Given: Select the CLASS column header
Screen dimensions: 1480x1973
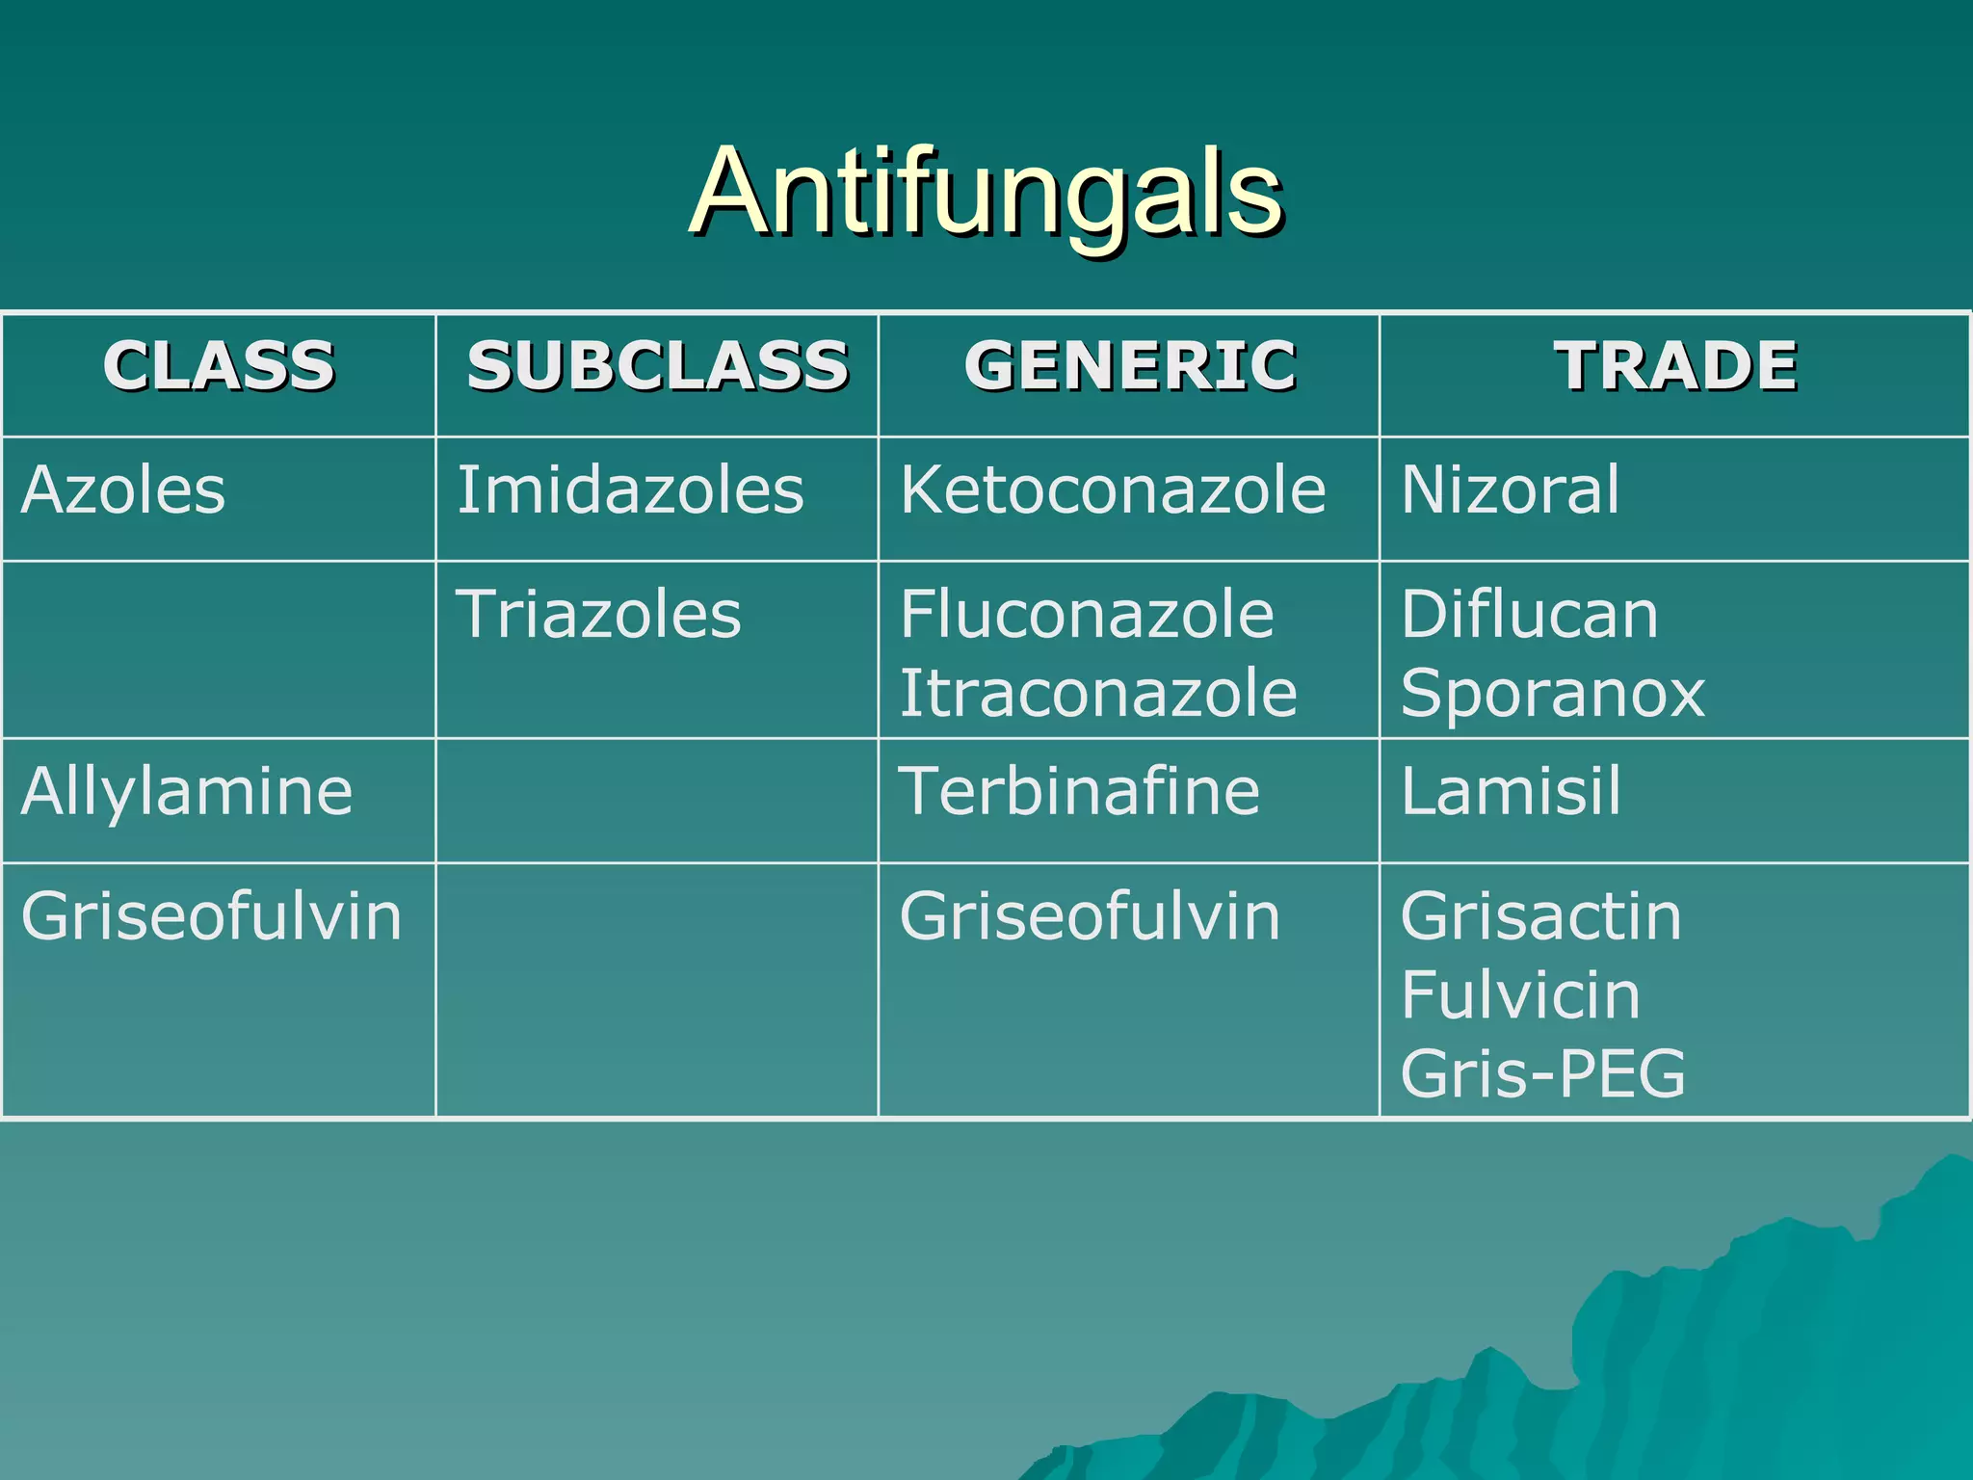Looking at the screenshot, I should pyautogui.click(x=219, y=366).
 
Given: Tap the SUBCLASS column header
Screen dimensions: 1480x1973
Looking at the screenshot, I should pyautogui.click(x=657, y=366).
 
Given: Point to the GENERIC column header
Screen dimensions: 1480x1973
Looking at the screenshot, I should pyautogui.click(x=1129, y=366).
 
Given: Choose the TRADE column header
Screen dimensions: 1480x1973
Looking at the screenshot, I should pyautogui.click(x=1675, y=366).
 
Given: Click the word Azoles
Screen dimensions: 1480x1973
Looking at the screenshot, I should pyautogui.click(x=123, y=490).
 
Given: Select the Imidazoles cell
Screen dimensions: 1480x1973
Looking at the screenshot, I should pyautogui.click(x=630, y=490).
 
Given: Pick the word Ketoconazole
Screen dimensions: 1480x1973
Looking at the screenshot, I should pyautogui.click(x=1113, y=490).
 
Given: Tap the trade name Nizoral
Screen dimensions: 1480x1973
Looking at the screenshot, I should pyautogui.click(x=1510, y=490).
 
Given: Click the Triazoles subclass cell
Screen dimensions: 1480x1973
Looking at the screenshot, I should pyautogui.click(x=598, y=615).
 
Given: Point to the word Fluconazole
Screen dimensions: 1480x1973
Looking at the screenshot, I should pyautogui.click(x=1087, y=615).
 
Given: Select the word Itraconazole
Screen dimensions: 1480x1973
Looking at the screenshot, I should pyautogui.click(x=1098, y=694).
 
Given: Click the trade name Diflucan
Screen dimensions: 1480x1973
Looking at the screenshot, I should pyautogui.click(x=1529, y=615).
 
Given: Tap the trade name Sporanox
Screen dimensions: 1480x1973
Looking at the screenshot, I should pyautogui.click(x=1552, y=694).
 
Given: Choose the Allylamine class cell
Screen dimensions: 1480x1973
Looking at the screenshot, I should pyautogui.click(x=187, y=792).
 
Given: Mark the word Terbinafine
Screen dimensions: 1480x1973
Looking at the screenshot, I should pyautogui.click(x=1079, y=792).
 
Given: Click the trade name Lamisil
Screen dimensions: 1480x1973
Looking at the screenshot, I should pyautogui.click(x=1511, y=792).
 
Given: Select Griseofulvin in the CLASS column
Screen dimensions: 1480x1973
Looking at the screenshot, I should pyautogui.click(x=211, y=916).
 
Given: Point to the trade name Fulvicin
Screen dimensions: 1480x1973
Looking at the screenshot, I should pyautogui.click(x=1520, y=995).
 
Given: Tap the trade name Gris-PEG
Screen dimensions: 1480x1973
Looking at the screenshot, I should pyautogui.click(x=1542, y=1074).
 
